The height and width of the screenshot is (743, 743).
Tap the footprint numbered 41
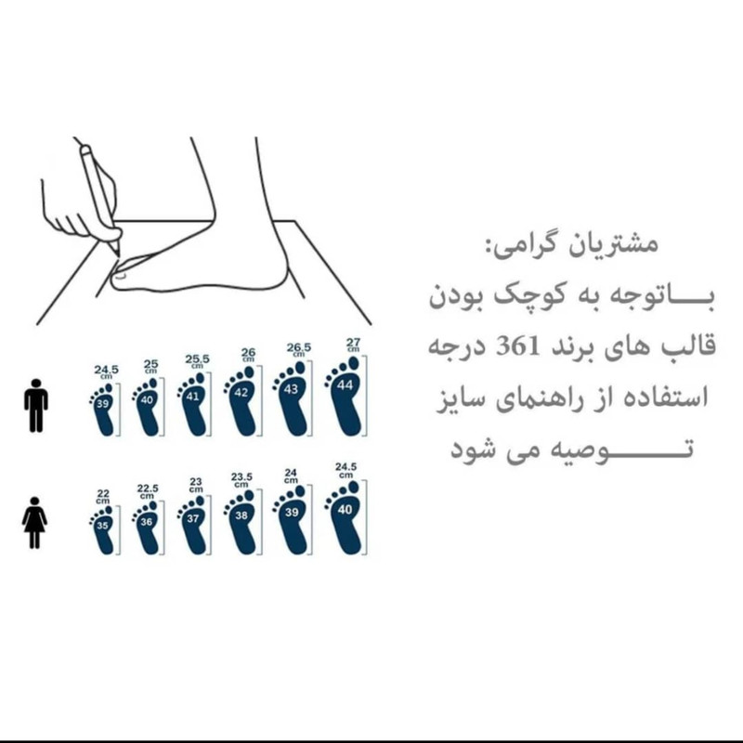click(193, 404)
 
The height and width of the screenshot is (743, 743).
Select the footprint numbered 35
click(103, 529)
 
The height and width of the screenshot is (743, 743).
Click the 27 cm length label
click(353, 344)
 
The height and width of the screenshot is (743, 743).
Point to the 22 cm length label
click(103, 497)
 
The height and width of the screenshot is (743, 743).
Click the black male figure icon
click(36, 405)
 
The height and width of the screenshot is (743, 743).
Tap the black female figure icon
click(34, 523)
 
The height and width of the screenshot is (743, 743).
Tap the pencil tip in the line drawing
click(118, 256)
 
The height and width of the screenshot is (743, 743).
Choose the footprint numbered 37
click(193, 524)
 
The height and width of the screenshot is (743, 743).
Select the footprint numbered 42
click(242, 401)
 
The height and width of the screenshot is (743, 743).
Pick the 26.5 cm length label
click(298, 350)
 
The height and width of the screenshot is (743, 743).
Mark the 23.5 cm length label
click(241, 479)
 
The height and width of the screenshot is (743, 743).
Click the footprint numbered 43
click(293, 399)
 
